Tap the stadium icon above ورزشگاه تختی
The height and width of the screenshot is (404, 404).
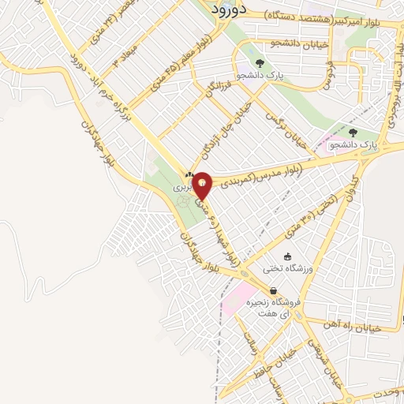(x=286, y=257)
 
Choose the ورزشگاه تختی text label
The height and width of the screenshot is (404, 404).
(x=291, y=269)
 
